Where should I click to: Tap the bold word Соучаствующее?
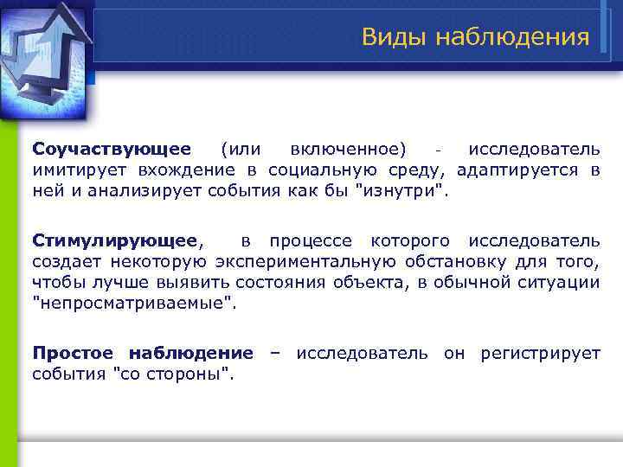112,150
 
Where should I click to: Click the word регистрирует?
545,352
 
